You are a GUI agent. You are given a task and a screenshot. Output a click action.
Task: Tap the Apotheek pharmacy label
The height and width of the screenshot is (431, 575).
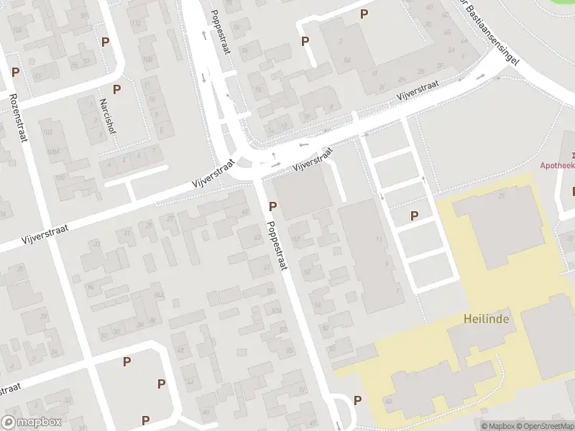(x=558, y=165)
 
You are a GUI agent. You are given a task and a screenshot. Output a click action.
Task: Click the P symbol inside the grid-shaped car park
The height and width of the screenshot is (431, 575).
(x=414, y=215)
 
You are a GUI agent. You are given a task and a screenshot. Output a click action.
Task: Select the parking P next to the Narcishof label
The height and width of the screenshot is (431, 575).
(x=116, y=90)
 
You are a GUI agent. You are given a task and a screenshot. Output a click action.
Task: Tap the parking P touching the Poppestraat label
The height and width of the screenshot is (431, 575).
(x=273, y=207)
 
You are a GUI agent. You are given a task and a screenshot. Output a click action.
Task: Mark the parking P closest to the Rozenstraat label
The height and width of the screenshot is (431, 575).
(x=15, y=73)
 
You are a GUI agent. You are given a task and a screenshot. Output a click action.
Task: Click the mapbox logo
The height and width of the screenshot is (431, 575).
(x=32, y=422)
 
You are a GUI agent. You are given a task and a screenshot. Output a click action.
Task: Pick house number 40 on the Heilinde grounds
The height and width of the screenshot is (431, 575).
(x=388, y=401)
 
